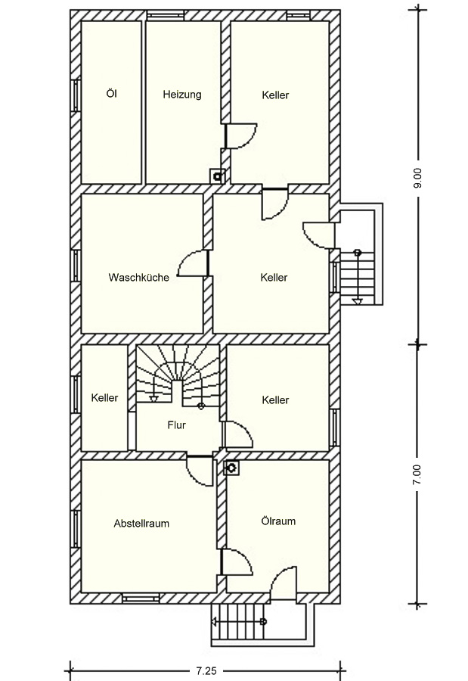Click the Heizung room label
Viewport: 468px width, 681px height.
point(182,95)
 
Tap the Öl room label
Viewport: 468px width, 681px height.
point(112,93)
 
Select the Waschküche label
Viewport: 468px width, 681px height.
point(138,277)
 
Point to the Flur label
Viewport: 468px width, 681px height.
point(176,424)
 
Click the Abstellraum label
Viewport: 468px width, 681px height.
point(141,524)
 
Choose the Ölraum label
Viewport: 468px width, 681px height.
point(278,521)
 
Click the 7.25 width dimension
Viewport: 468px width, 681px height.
point(206,671)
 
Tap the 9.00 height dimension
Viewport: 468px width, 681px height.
point(417,179)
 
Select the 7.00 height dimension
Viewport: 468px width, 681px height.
point(417,474)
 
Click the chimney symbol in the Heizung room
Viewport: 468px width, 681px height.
point(217,176)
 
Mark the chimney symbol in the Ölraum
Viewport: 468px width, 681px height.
point(231,468)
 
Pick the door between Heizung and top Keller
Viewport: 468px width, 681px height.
point(241,136)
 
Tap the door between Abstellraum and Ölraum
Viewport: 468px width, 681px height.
point(237,562)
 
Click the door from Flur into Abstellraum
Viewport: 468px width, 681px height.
point(200,471)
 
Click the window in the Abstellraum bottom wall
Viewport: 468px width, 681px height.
point(141,599)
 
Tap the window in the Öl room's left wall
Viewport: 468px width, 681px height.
point(76,95)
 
